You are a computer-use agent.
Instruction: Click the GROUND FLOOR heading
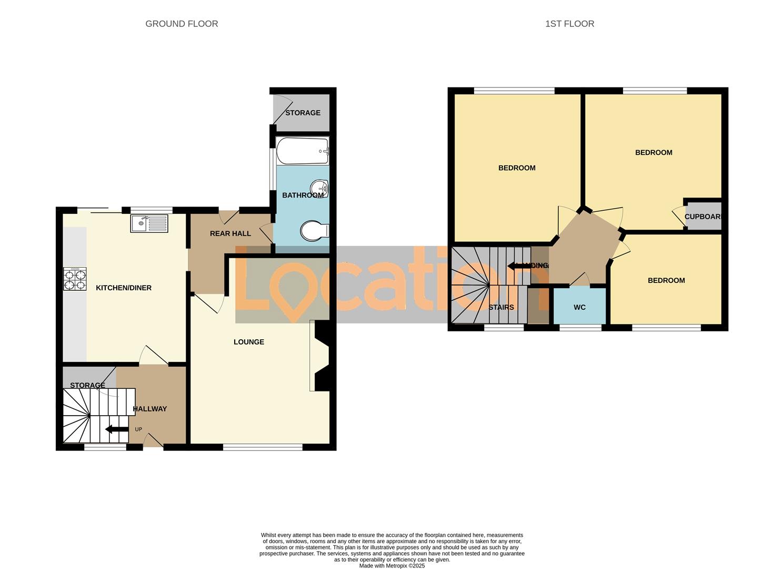pos(182,24)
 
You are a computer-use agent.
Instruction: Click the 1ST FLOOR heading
pos(569,24)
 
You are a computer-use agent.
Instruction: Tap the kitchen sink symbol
pos(149,223)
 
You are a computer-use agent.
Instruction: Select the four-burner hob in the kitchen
pos(75,279)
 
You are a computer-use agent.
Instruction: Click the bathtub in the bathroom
pos(302,151)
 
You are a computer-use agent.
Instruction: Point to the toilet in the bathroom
pos(314,231)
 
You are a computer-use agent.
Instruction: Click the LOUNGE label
pos(249,342)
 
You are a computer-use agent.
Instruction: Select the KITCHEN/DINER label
pos(124,288)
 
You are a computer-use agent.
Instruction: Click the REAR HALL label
pos(230,233)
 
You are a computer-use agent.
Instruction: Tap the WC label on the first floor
pos(579,307)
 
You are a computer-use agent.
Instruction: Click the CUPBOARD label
pos(702,217)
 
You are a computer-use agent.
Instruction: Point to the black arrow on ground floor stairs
pos(117,429)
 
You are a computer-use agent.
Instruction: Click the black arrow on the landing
pos(518,266)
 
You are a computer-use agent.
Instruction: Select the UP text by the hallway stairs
pos(138,429)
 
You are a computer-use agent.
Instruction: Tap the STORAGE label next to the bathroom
pos(303,113)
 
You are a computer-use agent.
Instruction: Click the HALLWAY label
pos(150,409)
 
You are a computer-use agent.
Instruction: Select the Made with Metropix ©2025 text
pos(391,566)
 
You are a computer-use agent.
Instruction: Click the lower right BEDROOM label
pos(666,280)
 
